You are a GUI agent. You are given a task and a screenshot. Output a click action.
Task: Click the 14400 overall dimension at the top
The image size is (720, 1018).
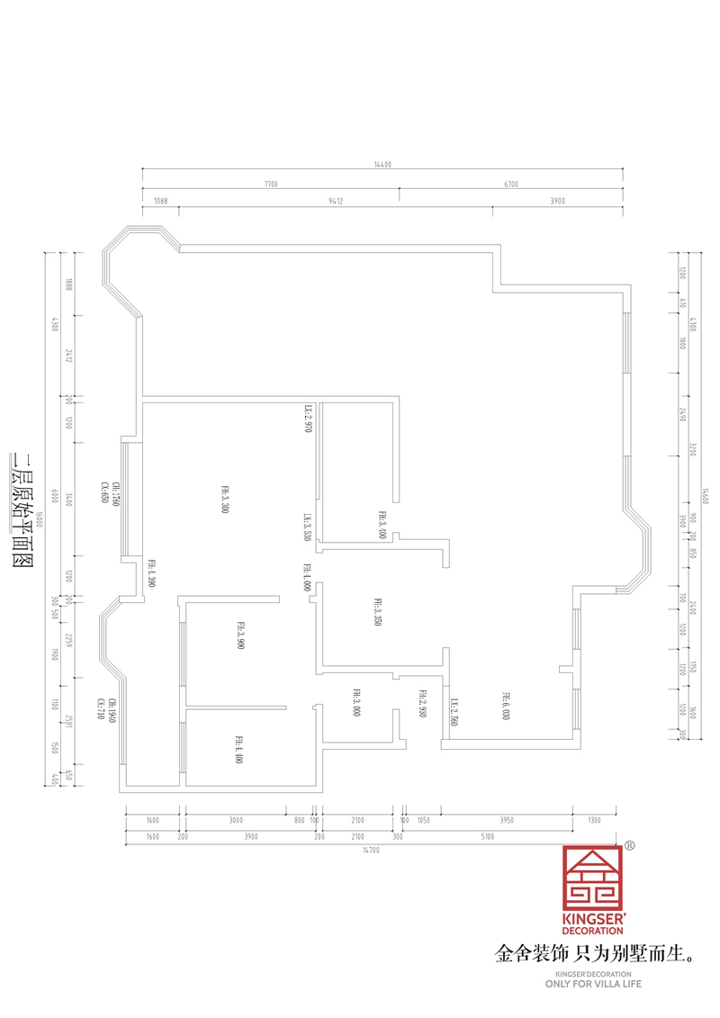tap(383, 165)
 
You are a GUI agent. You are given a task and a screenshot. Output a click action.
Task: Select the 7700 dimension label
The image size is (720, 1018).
tap(271, 184)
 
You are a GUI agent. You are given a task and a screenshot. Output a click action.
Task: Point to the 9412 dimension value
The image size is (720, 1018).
tap(336, 202)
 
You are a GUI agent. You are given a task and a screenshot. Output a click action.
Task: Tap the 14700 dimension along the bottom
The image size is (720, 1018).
tap(371, 849)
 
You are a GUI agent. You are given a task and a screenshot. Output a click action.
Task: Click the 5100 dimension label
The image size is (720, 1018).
tap(487, 836)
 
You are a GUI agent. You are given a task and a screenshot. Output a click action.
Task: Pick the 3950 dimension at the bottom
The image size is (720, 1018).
tap(507, 820)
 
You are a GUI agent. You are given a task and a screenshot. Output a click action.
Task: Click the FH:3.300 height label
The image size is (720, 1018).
tap(224, 499)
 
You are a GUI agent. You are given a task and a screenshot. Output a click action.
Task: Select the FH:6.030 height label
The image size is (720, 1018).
tap(507, 705)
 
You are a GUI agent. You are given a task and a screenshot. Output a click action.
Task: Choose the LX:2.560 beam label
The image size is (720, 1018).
tap(454, 712)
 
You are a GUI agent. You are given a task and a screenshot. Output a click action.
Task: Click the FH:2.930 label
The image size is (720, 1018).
tap(421, 702)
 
